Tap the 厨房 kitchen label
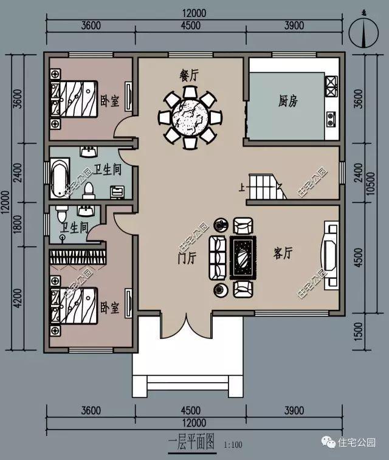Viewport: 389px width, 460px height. [x=288, y=101]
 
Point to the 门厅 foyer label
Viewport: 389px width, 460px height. [x=188, y=258]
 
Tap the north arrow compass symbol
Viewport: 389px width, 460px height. [x=363, y=30]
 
